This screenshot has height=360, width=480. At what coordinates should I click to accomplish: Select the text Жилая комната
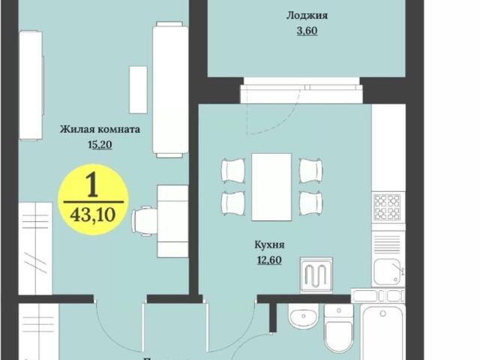click(x=100, y=129)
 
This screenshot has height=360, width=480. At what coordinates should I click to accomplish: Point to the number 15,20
click(x=100, y=145)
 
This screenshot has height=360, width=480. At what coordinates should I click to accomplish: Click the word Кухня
click(x=269, y=244)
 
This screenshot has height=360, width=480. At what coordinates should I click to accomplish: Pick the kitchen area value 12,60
click(x=269, y=260)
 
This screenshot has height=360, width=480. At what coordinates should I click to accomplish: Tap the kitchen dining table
click(x=271, y=187)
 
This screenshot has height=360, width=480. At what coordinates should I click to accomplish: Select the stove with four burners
click(x=388, y=205)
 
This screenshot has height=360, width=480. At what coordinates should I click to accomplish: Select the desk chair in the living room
click(x=145, y=220)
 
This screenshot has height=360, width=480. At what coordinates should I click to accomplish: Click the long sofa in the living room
click(x=169, y=90)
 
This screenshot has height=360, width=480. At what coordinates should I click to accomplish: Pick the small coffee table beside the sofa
click(x=138, y=89)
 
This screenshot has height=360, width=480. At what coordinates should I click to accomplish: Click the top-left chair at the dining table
click(x=232, y=170)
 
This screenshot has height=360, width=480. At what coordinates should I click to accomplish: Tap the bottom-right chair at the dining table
click(x=310, y=202)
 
